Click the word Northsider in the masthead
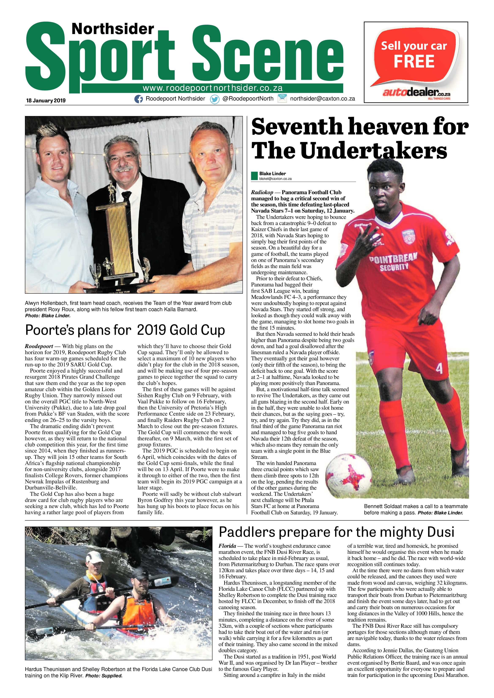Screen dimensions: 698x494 [x=113, y=29]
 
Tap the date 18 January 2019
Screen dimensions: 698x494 [x=46, y=101]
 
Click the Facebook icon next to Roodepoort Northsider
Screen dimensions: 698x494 [x=139, y=99]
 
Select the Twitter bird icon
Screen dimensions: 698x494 [x=215, y=99]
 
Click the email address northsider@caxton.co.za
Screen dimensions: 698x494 [x=323, y=99]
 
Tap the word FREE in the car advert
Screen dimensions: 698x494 [x=414, y=61]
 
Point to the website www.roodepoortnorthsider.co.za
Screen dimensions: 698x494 [x=213, y=88]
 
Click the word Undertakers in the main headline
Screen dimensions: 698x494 [x=374, y=151]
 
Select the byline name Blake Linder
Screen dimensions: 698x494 [x=272, y=173]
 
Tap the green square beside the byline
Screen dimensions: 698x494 [x=254, y=176]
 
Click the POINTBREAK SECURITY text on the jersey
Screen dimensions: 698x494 [x=393, y=262]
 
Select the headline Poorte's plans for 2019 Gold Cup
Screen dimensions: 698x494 [x=125, y=330]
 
